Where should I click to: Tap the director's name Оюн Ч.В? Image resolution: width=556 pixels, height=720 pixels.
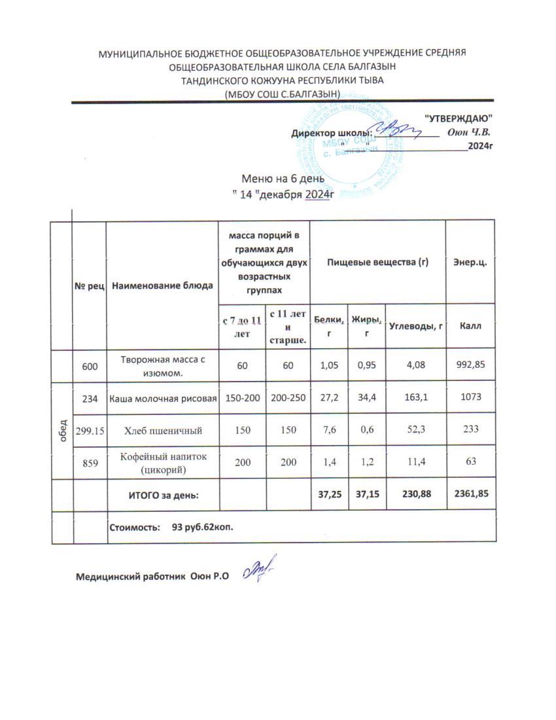pos(469,132)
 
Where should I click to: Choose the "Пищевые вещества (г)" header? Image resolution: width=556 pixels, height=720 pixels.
pos(377,261)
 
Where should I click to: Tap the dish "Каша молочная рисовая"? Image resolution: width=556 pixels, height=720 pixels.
pos(162,398)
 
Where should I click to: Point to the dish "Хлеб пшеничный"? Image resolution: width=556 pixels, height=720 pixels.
pos(162,430)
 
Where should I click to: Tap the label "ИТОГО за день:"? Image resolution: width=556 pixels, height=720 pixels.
pos(162,495)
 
